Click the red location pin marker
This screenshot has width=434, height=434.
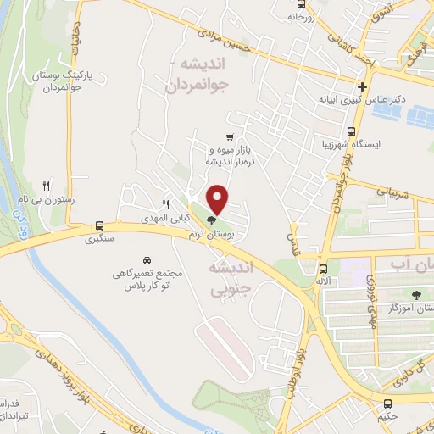[x=218, y=198]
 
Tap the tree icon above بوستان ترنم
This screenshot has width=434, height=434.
[x=211, y=221]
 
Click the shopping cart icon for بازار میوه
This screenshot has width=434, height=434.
[x=229, y=136]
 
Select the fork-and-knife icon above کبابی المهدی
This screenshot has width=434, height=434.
[x=165, y=204]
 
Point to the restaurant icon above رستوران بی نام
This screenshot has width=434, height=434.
[x=47, y=186]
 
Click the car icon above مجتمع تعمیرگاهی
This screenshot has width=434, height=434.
[x=147, y=259]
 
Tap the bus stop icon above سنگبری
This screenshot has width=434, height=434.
[x=100, y=225]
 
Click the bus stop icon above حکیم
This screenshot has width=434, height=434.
[x=387, y=403]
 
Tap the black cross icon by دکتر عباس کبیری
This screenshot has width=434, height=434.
[x=363, y=86]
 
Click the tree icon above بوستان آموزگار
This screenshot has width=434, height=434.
[x=415, y=294]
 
